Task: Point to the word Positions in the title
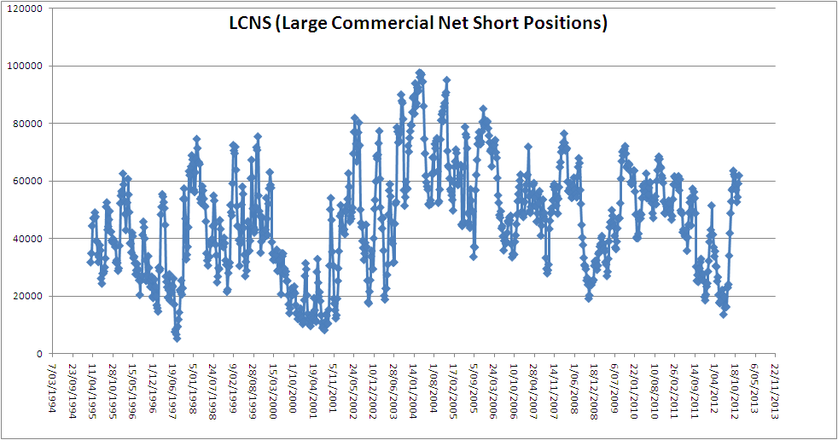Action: coord(562,23)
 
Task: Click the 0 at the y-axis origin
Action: coord(39,354)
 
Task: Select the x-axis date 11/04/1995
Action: coord(94,388)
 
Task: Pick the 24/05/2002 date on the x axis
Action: coord(352,388)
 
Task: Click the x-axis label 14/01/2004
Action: coord(413,388)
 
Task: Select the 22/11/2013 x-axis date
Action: coord(773,388)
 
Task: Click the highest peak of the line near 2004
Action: coord(420,73)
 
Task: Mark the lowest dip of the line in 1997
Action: coord(177,338)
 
